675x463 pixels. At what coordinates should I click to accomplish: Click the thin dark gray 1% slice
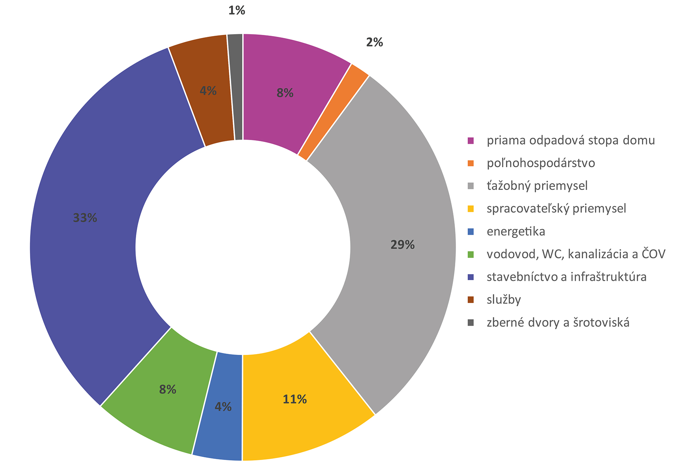point(236,86)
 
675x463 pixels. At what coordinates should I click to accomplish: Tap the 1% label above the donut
point(237,11)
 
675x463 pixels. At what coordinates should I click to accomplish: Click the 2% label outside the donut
point(374,42)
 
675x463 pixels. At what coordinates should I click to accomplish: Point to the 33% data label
point(85,218)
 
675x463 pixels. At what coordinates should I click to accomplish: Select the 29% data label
point(402,245)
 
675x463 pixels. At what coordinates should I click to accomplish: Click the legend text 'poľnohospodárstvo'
point(541,163)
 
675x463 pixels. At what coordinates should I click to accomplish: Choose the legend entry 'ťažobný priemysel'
point(537,186)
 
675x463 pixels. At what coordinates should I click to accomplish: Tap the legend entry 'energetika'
point(516,231)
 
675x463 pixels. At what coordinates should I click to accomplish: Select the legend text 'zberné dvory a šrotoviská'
point(558,323)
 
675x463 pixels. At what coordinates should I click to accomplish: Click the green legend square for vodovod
point(471,254)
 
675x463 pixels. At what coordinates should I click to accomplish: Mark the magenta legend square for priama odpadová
point(471,140)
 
